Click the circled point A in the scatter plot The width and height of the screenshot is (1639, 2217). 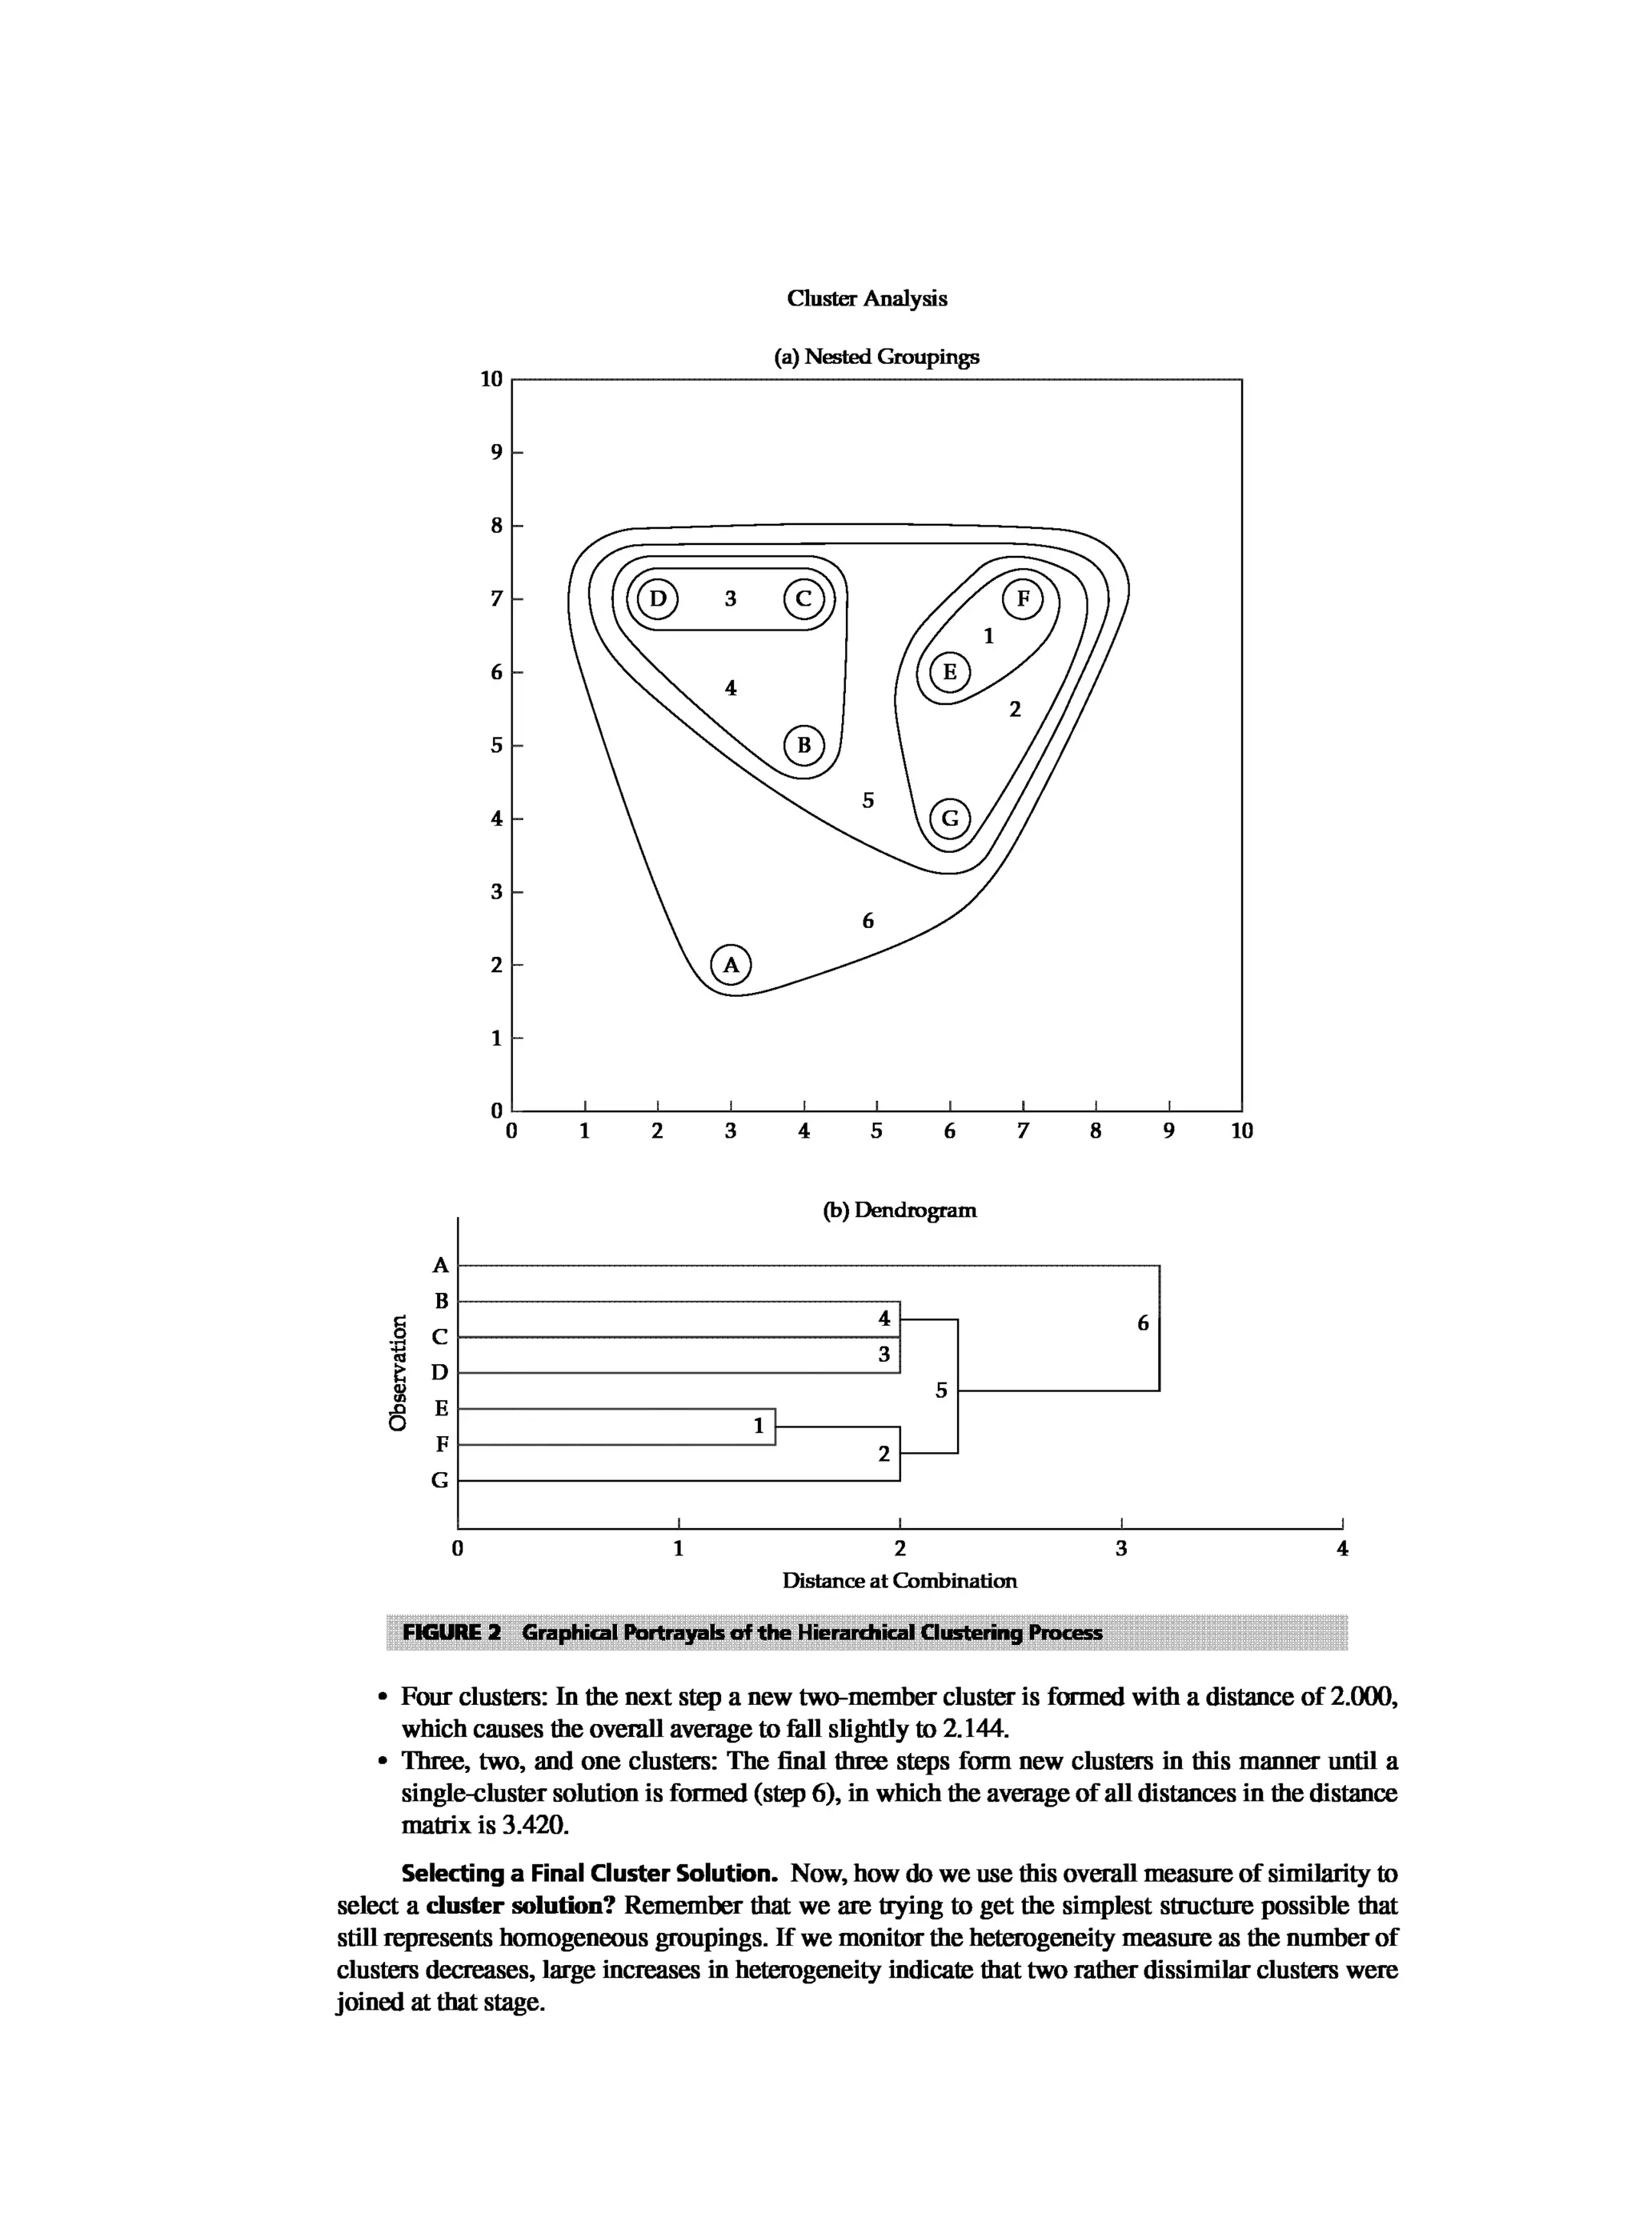click(x=731, y=964)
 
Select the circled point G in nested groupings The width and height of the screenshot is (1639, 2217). click(x=949, y=818)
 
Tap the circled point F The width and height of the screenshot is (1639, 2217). click(x=1023, y=598)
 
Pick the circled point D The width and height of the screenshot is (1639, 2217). click(x=657, y=598)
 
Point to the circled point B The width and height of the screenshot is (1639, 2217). click(x=803, y=745)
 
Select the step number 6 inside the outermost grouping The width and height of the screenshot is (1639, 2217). click(x=868, y=922)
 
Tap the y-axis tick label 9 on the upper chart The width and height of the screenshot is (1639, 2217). click(x=496, y=452)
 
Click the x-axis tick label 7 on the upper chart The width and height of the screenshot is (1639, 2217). click(x=1023, y=1131)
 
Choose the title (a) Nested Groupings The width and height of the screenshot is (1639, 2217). click(x=876, y=356)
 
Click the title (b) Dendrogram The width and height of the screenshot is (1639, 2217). click(x=900, y=1211)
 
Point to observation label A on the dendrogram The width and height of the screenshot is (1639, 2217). click(x=442, y=1266)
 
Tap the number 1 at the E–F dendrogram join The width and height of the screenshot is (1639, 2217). click(x=759, y=1426)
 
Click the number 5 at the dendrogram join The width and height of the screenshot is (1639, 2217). click(x=941, y=1391)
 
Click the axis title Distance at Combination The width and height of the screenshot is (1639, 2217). click(x=899, y=1581)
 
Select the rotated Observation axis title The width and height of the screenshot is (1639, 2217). click(x=398, y=1373)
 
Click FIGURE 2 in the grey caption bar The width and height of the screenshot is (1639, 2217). click(x=451, y=1633)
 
